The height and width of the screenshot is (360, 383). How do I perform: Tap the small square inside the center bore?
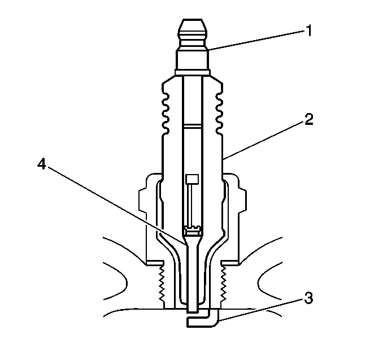pos(192,180)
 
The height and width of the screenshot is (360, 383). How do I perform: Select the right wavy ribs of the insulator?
pos(219,107)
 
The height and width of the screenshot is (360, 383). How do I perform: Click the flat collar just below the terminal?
pos(193,72)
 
